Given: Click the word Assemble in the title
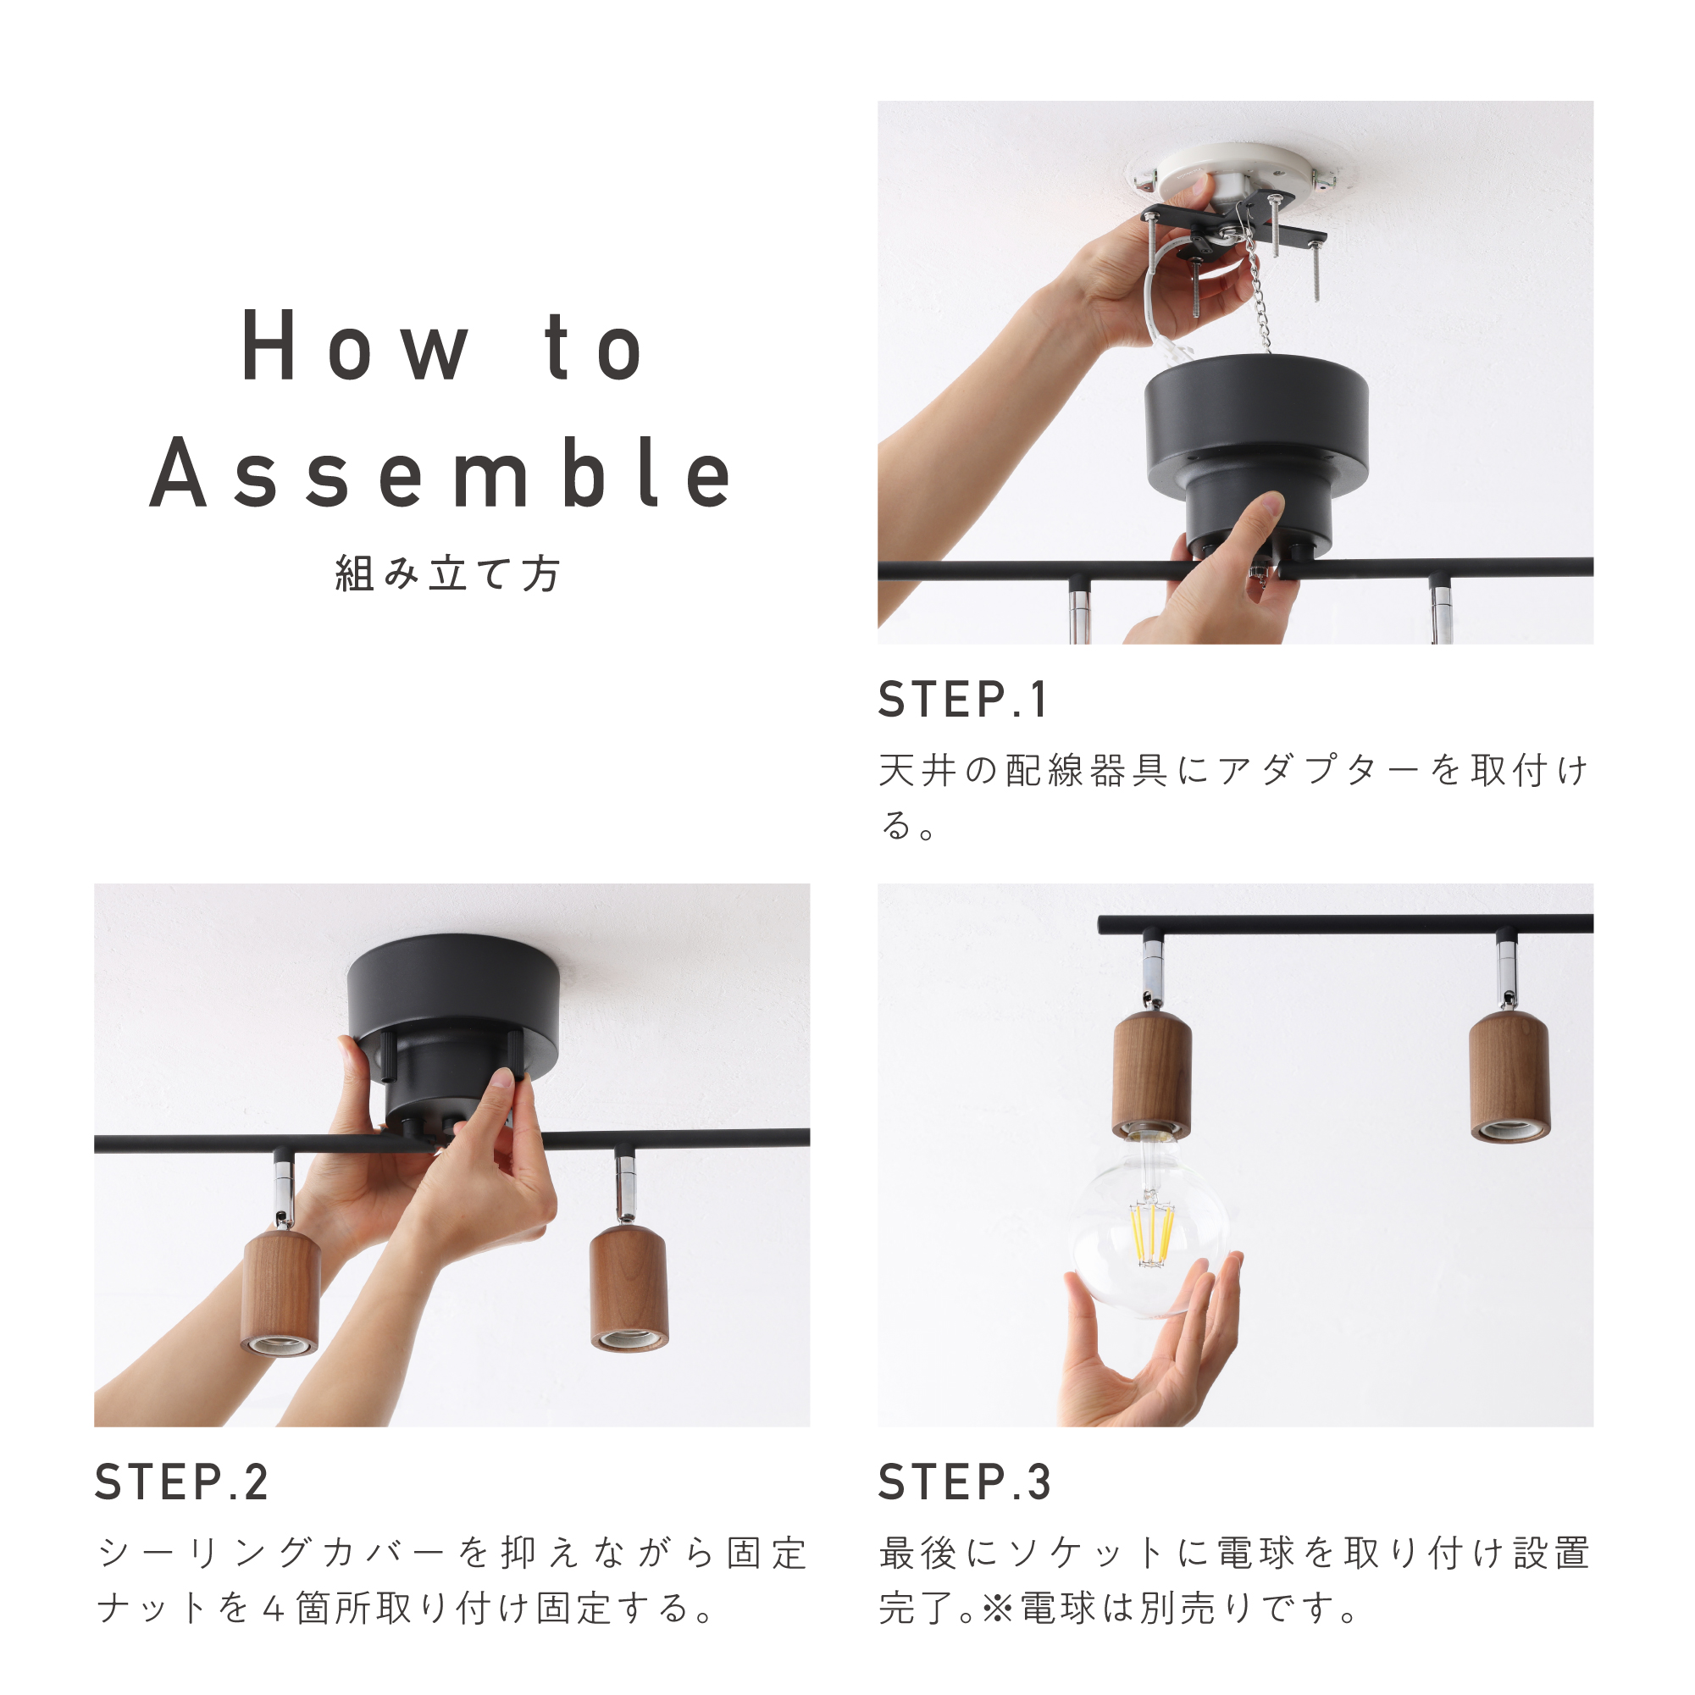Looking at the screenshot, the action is (x=441, y=474).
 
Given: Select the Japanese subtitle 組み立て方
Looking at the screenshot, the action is (x=447, y=574).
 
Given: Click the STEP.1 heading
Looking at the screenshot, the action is (x=963, y=699).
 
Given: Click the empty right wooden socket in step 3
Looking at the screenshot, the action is (x=1509, y=1077).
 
